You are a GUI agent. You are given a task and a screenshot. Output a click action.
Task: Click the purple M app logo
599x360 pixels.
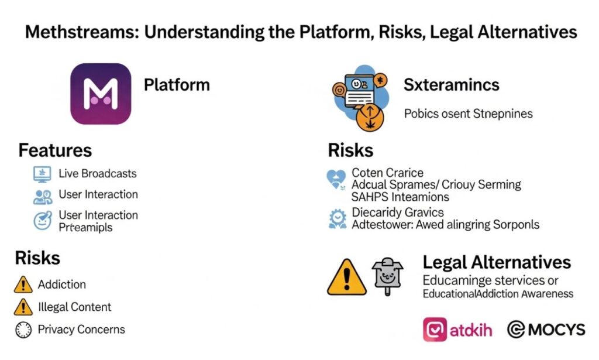coord(101,94)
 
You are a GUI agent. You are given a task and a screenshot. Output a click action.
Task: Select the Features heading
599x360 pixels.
coord(55,150)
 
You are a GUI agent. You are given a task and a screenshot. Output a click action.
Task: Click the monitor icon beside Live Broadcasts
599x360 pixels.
coord(42,174)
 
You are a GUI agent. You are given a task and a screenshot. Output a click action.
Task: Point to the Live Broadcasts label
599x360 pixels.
coord(97,174)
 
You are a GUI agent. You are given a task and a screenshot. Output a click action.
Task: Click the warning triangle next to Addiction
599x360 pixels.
coord(23,285)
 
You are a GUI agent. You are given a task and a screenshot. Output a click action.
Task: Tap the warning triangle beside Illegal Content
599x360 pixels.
coord(23,307)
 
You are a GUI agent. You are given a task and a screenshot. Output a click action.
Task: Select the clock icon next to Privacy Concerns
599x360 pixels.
coord(23,330)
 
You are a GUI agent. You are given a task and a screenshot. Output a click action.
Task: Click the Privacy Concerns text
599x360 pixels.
coord(81,330)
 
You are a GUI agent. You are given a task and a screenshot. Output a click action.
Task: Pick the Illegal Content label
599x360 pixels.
coord(74,307)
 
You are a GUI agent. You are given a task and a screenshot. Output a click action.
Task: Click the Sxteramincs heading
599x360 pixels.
coord(451,85)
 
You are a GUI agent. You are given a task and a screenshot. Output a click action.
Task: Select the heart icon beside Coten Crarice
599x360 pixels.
coord(336,178)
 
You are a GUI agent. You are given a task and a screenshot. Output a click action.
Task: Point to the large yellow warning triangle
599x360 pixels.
coord(346,277)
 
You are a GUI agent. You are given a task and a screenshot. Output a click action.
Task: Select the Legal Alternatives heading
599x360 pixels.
coord(497,262)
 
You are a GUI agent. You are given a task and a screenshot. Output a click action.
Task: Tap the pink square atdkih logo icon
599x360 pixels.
coord(435,330)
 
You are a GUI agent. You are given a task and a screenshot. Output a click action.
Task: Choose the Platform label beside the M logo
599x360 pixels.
coord(177,85)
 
